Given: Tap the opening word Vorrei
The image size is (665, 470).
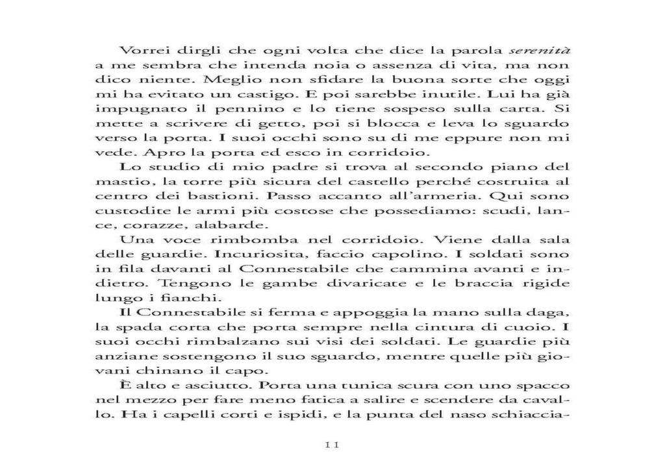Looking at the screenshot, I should click(140, 50).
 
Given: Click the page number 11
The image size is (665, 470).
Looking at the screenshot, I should click(332, 445).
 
